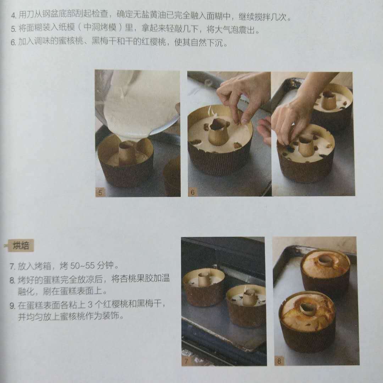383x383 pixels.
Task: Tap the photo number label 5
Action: tap(100, 192)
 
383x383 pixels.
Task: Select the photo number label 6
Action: tap(193, 192)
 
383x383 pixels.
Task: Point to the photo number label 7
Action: tap(187, 361)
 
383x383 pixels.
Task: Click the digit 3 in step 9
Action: tap(90, 304)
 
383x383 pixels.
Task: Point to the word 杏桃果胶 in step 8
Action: tap(128, 278)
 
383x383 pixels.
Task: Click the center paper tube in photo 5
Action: tap(126, 152)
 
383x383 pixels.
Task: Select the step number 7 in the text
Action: tap(12, 266)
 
